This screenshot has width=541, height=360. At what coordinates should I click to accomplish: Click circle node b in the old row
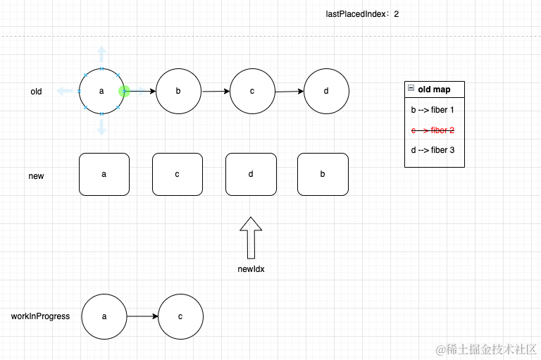178,92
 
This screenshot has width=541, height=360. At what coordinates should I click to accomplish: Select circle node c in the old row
252,92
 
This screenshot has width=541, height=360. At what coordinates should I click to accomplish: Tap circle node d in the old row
326,92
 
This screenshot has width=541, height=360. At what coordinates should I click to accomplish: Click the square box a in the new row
104,174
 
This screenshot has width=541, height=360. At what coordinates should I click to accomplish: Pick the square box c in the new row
178,174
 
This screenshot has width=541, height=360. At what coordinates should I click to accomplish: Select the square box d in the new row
251,174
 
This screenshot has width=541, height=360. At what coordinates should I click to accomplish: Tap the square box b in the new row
323,174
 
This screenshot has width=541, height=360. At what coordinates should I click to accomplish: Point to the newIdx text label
251,269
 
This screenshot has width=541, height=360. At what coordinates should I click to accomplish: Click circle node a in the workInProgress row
104,317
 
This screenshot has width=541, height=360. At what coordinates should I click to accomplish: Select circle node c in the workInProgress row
180,317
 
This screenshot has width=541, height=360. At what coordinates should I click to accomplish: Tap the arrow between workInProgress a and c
142,317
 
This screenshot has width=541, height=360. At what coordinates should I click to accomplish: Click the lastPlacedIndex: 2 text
363,14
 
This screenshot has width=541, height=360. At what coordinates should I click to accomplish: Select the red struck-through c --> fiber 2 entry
433,130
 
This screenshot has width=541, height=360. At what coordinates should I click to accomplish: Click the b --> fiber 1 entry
433,111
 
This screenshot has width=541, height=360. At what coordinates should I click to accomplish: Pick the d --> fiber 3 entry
433,150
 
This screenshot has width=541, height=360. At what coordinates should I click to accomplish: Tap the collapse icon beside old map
411,89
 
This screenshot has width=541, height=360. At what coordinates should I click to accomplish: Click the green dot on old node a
125,92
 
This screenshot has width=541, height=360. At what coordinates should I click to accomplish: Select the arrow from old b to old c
215,92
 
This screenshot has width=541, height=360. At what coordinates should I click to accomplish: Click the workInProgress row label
40,316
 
